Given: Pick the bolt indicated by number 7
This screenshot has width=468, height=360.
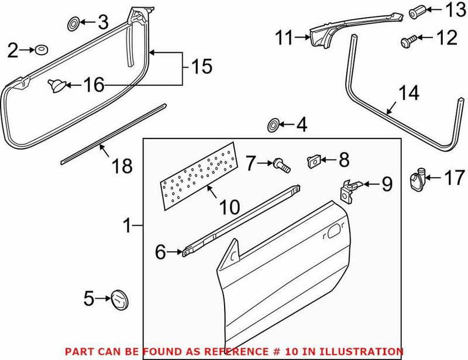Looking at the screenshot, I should coord(280,166).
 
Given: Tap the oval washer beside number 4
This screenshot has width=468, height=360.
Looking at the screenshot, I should coord(273,125).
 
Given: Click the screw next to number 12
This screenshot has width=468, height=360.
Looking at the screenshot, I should coord(408,40).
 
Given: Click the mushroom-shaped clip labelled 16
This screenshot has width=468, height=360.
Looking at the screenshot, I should coord(56,86).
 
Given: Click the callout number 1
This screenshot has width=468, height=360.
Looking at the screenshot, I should coord(128,224).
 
